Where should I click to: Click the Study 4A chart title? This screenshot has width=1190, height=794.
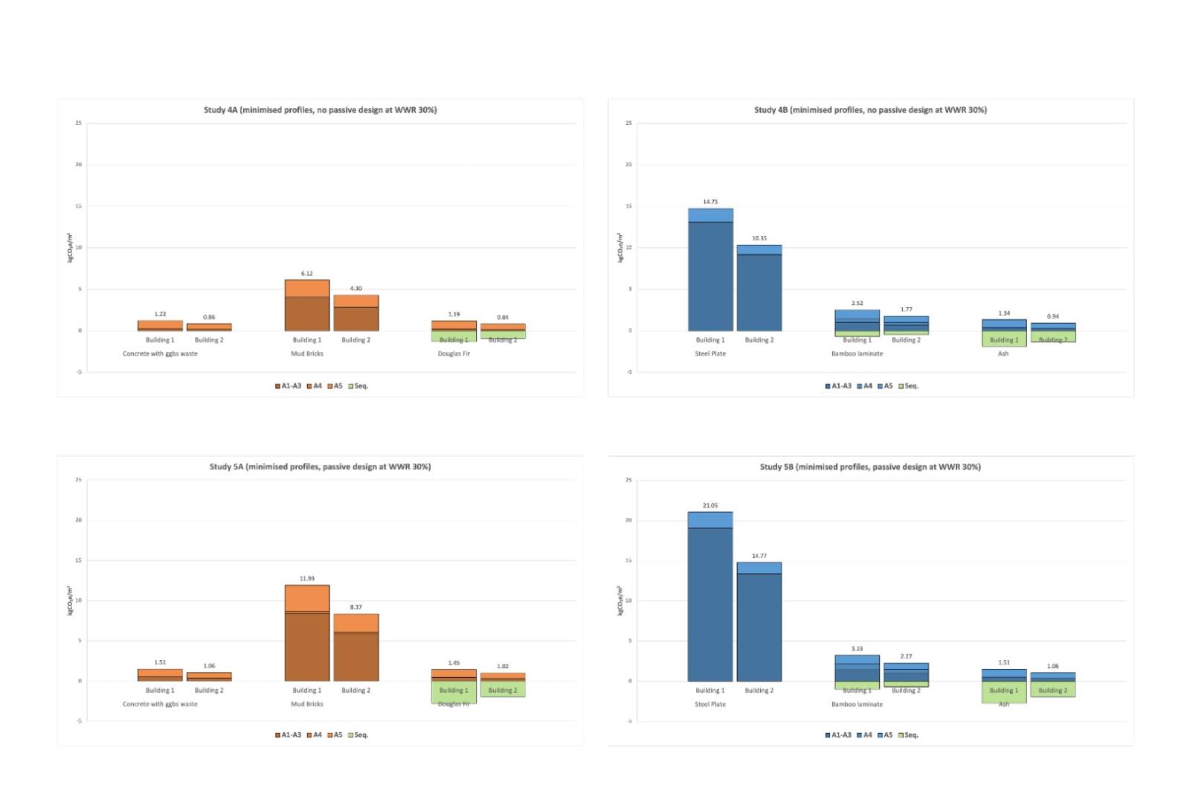[320, 110]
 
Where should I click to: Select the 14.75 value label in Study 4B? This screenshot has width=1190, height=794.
[710, 202]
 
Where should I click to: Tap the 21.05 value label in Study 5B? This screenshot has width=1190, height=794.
[710, 505]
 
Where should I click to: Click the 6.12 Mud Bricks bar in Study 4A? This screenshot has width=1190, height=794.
[307, 305]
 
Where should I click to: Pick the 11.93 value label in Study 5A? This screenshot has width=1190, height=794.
[307, 578]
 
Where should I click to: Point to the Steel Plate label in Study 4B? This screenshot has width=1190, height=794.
[710, 353]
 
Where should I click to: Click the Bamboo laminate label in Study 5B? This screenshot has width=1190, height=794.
[857, 704]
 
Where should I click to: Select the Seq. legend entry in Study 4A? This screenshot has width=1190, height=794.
[358, 386]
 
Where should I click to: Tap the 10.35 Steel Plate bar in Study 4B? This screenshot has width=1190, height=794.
[759, 288]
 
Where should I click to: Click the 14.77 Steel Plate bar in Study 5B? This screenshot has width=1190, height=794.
[759, 621]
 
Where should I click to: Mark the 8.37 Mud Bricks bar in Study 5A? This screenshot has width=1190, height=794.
[356, 647]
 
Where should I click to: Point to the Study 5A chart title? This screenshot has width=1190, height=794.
[320, 467]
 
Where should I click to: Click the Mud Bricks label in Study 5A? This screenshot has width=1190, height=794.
[307, 704]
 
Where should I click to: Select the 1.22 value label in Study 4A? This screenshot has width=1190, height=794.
[160, 314]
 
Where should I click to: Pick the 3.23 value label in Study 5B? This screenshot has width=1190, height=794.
[857, 649]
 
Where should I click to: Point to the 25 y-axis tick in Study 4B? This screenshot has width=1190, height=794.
[628, 124]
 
